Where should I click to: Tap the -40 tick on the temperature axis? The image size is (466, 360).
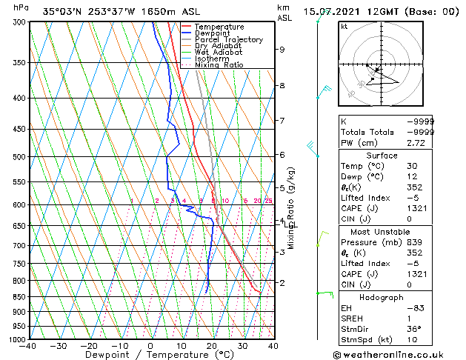pyautogui.click(x=28, y=346)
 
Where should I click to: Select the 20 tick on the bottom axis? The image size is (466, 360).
pyautogui.click(x=212, y=346)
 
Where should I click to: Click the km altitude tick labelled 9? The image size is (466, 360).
pyautogui.click(x=282, y=50)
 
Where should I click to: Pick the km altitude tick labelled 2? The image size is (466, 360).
pyautogui.click(x=282, y=283)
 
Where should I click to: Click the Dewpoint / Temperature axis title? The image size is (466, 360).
pyautogui.click(x=150, y=355)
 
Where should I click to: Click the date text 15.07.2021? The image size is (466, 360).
pyautogui.click(x=331, y=11)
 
